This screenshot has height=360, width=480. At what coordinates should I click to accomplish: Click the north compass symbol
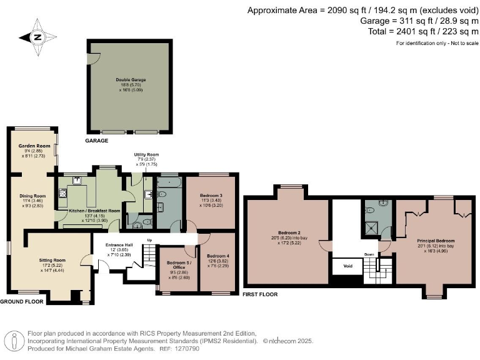click(x=37, y=37)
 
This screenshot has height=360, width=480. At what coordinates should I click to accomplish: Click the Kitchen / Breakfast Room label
click(x=94, y=211)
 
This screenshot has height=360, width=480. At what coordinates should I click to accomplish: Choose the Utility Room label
click(x=146, y=154)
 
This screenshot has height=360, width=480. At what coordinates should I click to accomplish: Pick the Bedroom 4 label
click(x=218, y=256)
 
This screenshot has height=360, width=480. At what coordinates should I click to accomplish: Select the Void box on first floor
click(x=344, y=265)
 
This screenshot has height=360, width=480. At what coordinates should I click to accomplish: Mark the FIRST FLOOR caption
click(x=261, y=294)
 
